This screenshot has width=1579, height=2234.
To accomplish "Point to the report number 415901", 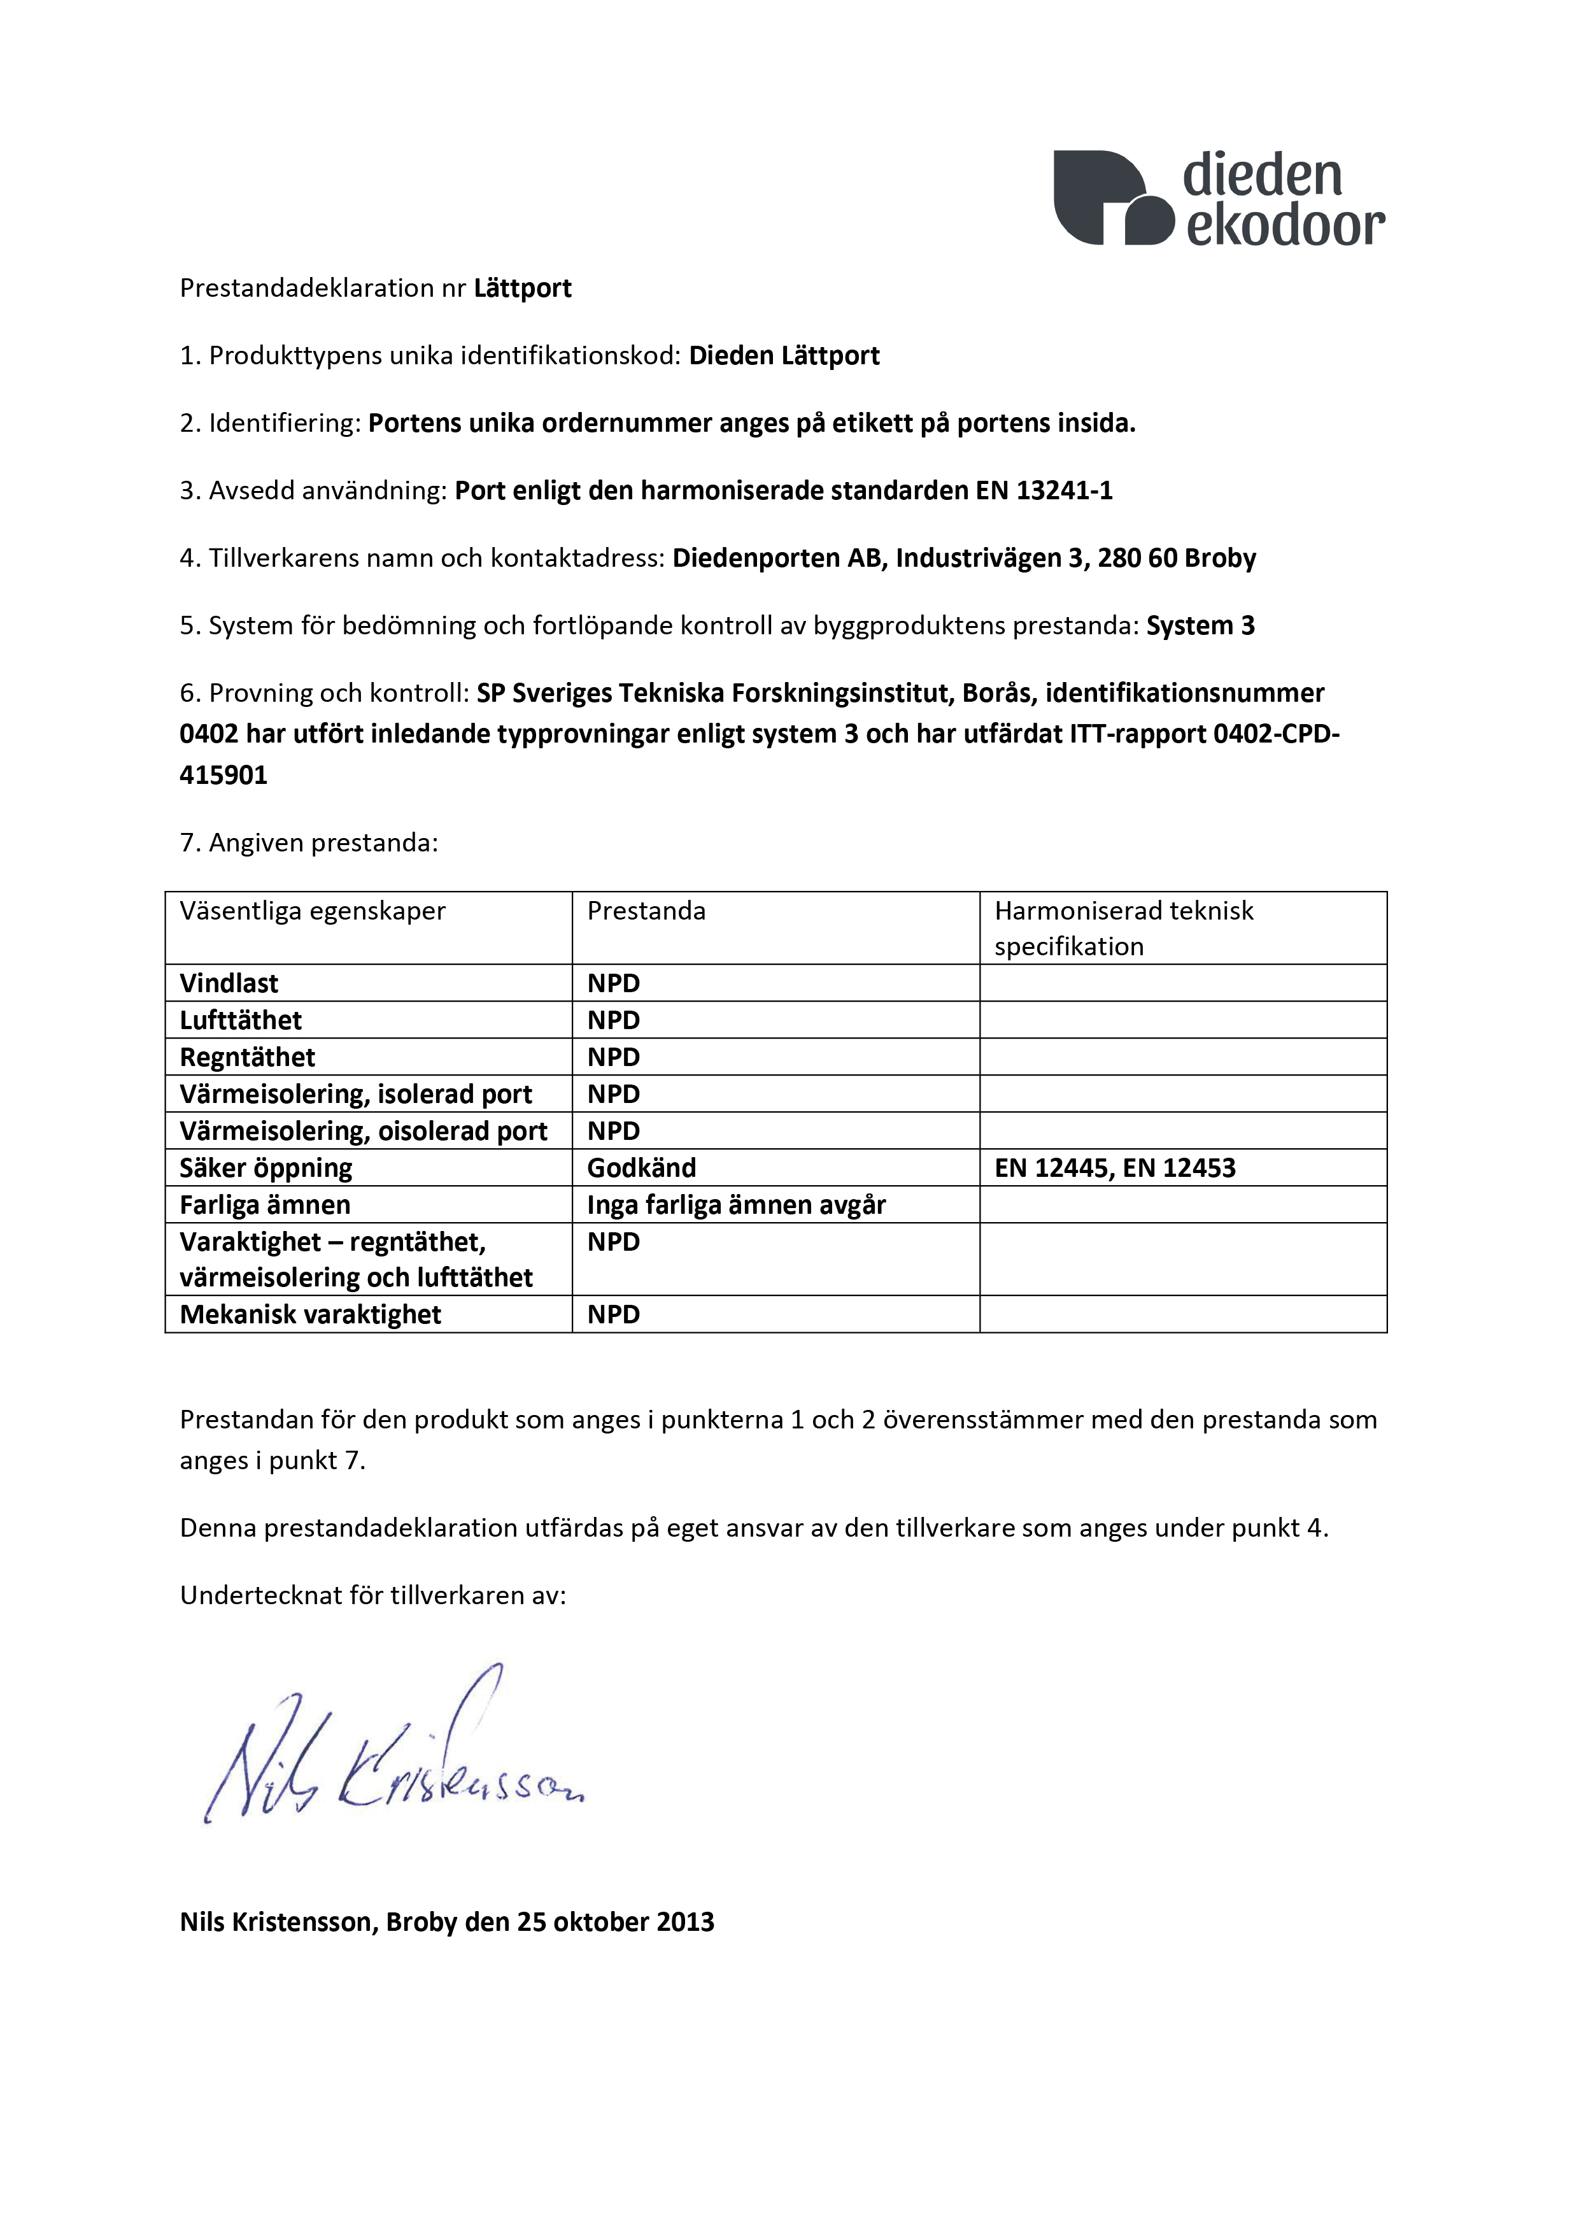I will [223, 776].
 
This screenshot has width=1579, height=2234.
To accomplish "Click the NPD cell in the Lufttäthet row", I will [613, 1021].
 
